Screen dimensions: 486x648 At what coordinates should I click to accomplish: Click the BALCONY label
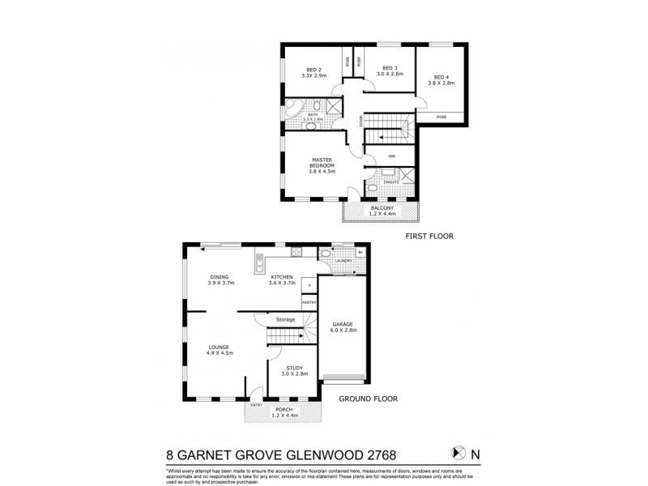(x=382, y=208)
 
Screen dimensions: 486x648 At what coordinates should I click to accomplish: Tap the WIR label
(x=391, y=156)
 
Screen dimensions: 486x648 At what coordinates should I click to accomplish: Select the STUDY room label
(x=292, y=369)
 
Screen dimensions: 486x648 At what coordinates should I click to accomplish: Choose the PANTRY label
(x=309, y=302)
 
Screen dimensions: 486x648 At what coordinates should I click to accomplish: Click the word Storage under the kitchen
(x=284, y=319)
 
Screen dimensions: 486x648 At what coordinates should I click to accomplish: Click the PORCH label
(x=284, y=410)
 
